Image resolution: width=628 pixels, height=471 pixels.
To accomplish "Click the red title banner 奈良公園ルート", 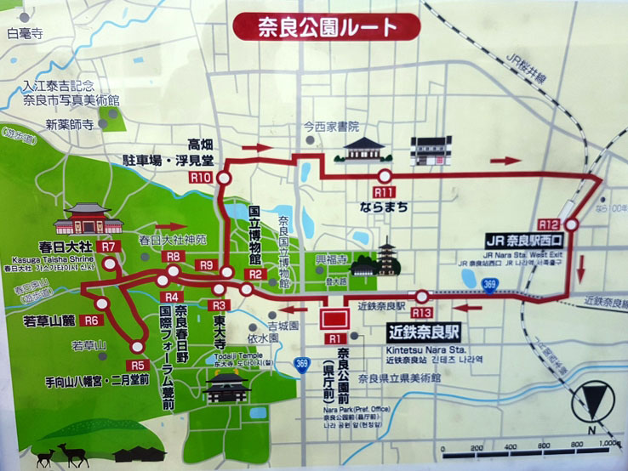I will pyautogui.click(x=327, y=27).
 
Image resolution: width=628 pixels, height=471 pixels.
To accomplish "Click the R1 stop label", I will pyautogui.click(x=332, y=338).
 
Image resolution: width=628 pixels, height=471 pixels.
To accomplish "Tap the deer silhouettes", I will pyautogui.click(x=56, y=455).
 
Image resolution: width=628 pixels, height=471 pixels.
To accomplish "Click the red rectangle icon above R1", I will pyautogui.click(x=332, y=319).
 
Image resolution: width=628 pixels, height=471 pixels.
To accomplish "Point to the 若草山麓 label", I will pyautogui.click(x=53, y=321).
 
